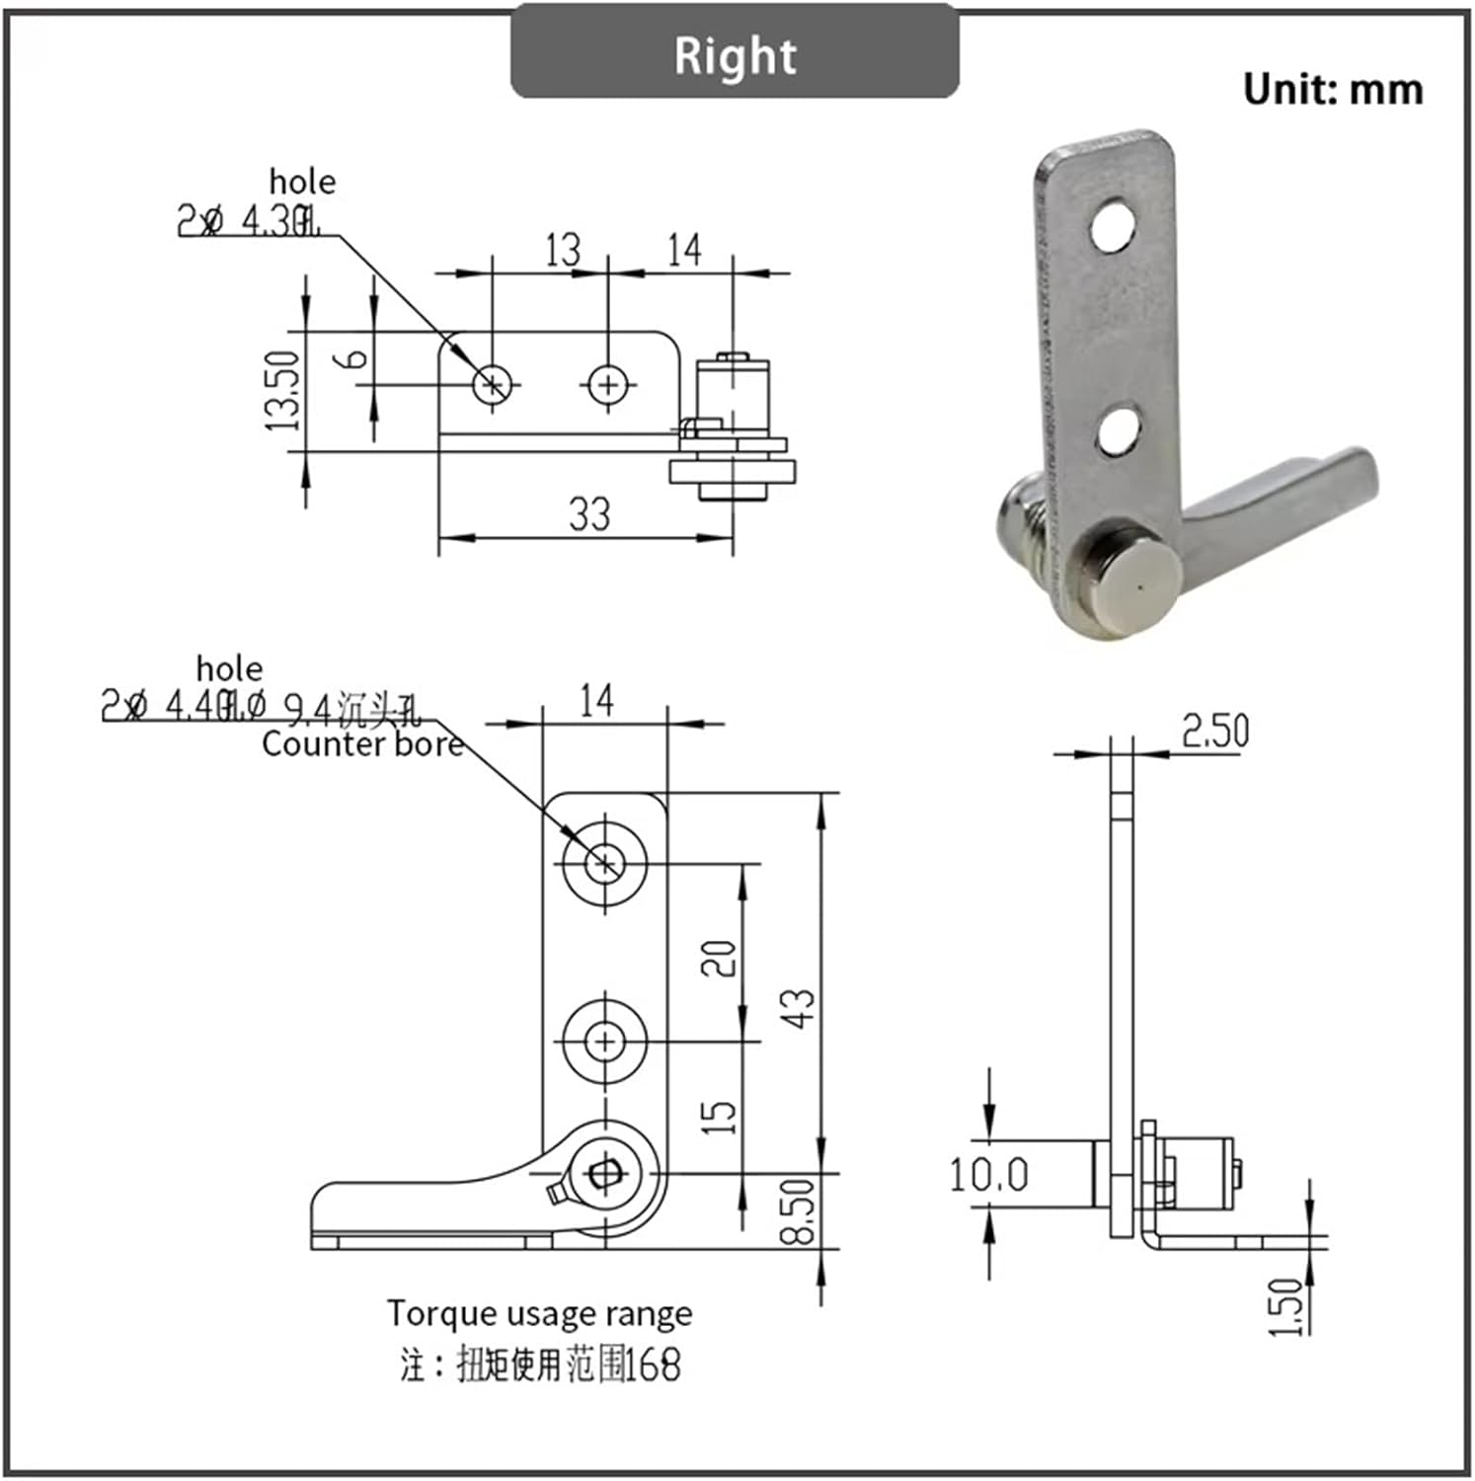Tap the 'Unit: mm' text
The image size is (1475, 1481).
[x=1332, y=90]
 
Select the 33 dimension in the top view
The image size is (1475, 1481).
[x=588, y=514]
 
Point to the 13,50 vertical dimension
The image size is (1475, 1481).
[x=281, y=392]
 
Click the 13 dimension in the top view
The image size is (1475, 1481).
[x=563, y=250]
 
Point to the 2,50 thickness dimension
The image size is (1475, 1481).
[x=1214, y=731]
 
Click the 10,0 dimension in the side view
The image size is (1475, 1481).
[x=988, y=1174]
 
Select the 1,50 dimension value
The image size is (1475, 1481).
[x=1285, y=1306]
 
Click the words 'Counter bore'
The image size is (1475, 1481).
[x=361, y=744]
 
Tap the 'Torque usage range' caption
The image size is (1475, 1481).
[x=539, y=1314]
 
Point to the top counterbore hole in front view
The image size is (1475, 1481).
[x=604, y=864]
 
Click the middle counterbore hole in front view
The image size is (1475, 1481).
[x=604, y=1041]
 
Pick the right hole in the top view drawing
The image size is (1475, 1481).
[x=608, y=384]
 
